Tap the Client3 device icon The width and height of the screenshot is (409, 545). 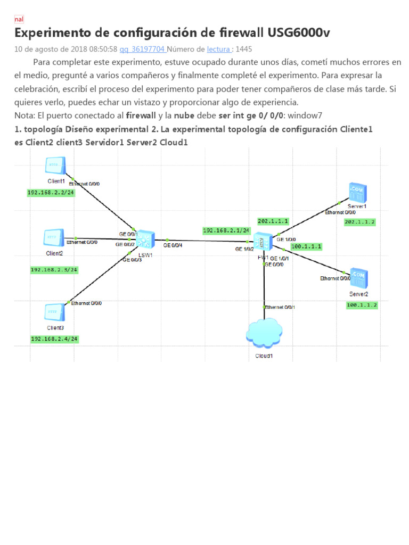[x=54, y=311]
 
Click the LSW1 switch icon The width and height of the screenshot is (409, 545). [x=144, y=241]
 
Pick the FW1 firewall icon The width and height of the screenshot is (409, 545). [x=263, y=242]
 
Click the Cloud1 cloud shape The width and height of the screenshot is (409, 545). [x=264, y=333]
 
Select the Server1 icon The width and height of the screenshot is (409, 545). [x=358, y=192]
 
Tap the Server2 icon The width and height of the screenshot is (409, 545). [x=359, y=278]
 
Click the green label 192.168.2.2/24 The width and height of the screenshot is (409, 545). [x=51, y=193]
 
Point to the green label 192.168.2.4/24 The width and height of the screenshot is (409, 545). [x=55, y=339]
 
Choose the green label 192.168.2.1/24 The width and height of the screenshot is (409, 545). [x=227, y=230]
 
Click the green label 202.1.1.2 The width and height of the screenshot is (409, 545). [x=360, y=222]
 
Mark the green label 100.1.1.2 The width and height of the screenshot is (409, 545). [x=362, y=305]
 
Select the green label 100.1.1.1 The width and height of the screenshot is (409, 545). [x=306, y=246]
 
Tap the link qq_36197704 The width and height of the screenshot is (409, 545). [x=143, y=49]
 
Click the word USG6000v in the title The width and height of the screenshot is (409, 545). [x=298, y=33]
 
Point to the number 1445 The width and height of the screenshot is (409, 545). [x=243, y=49]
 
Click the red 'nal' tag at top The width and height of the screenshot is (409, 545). [x=19, y=20]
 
